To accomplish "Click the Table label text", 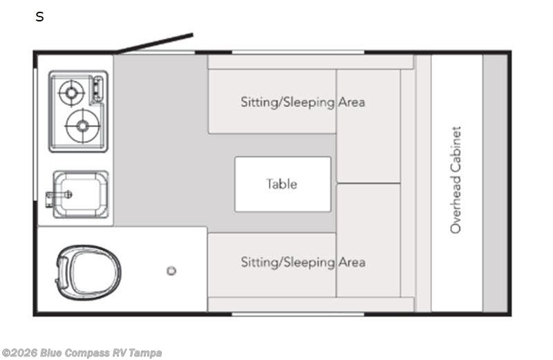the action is tap(281, 184).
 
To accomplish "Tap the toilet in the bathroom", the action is tap(88, 272).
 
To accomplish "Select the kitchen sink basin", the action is tap(81, 194).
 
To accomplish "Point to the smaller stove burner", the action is tap(72, 93).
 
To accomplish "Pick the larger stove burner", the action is tap(83, 126).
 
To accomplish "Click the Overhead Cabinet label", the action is tap(456, 180).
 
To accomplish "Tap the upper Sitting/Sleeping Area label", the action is tap(303, 102).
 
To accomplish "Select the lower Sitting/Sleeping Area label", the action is tap(303, 263).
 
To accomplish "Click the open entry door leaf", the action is tap(155, 44).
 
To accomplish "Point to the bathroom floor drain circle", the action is tap(171, 271).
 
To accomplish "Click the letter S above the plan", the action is tap(39, 17).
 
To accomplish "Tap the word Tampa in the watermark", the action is tap(145, 352).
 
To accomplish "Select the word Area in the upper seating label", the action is tap(352, 102).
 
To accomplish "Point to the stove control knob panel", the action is tap(97, 89).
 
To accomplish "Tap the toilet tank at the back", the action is tap(62, 272).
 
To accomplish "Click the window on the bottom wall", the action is tap(298, 314).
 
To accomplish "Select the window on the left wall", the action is tap(35, 135).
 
